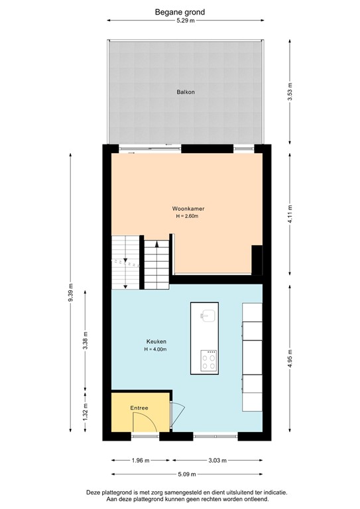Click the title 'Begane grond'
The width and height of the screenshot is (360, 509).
pyautogui.click(x=180, y=11)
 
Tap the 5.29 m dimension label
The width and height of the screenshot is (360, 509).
pyautogui.click(x=185, y=21)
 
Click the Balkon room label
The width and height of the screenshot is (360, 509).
pyautogui.click(x=185, y=92)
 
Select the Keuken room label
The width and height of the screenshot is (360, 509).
pyautogui.click(x=157, y=342)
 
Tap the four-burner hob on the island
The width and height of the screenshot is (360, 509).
pyautogui.click(x=209, y=361)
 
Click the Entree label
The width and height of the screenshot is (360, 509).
pyautogui.click(x=139, y=408)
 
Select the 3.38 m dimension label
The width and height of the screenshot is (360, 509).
pyautogui.click(x=85, y=338)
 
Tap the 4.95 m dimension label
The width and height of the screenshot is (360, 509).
pyautogui.click(x=290, y=361)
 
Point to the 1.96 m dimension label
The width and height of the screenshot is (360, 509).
pyautogui.click(x=141, y=461)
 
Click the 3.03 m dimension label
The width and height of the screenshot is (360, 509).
pyautogui.click(x=217, y=461)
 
